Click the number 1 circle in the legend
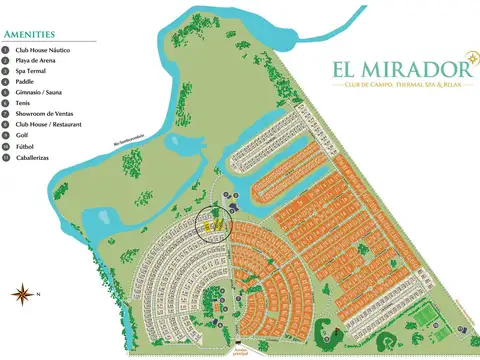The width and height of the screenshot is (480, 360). click(6, 50)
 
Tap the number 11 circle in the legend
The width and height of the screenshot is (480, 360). click(6, 157)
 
